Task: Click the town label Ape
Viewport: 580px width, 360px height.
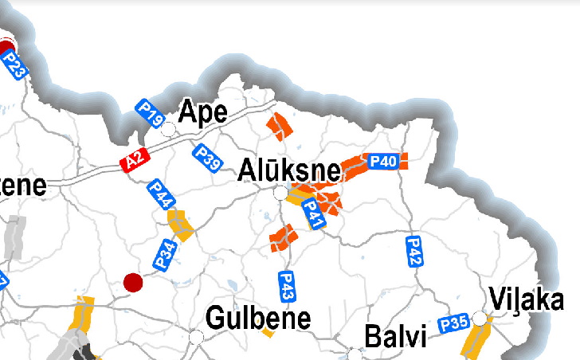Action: (x=203, y=112)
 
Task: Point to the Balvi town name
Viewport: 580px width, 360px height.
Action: (x=395, y=335)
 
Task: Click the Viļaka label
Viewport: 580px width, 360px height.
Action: (x=528, y=302)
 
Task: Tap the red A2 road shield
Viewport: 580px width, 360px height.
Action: (x=134, y=161)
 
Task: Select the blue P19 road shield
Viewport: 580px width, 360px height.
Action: (x=151, y=113)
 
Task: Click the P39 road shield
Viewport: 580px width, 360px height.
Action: (x=208, y=157)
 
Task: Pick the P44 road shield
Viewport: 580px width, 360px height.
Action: (x=161, y=194)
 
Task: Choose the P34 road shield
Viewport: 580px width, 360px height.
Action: (x=165, y=254)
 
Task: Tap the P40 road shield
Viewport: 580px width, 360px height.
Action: (x=383, y=162)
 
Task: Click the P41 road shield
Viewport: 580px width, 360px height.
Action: (x=313, y=213)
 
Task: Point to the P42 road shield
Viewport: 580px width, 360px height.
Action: (x=413, y=250)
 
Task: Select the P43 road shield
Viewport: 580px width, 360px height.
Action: (x=288, y=286)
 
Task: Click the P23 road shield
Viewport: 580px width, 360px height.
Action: (x=13, y=63)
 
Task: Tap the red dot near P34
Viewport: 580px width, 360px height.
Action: (x=133, y=281)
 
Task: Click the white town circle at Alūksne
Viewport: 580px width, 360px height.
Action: (x=280, y=193)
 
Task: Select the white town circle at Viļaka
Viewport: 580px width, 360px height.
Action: (x=480, y=319)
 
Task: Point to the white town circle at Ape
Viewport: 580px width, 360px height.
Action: (x=169, y=128)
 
